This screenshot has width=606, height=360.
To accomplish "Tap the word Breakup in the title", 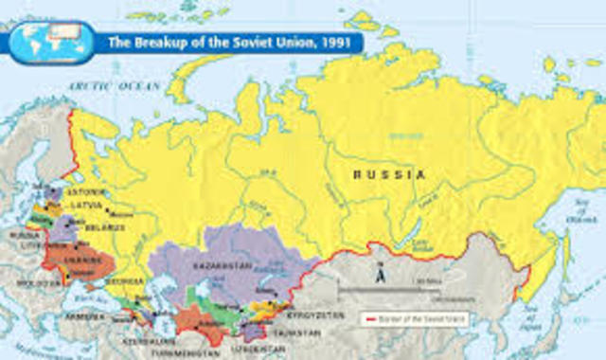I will pyautogui.click(x=159, y=42).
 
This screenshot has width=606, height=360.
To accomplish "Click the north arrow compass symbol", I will pyautogui.click(x=379, y=276).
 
